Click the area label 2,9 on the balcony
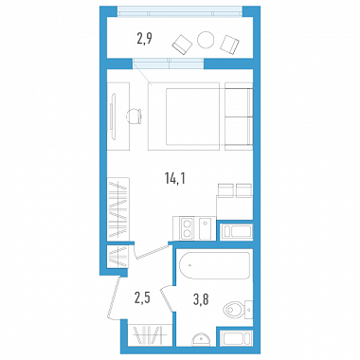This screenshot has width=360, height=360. coord(145,40)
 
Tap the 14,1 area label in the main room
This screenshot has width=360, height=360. coord(174,179)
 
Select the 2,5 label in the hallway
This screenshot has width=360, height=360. coord(142,297)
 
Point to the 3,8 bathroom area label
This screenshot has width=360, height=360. coord(201,299)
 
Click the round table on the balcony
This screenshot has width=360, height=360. coord(206,40)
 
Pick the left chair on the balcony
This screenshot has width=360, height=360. coord(182,45)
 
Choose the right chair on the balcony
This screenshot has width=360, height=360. coord(229,45)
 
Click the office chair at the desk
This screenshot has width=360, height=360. coord(135,117)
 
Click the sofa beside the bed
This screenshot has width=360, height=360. coord(239,117)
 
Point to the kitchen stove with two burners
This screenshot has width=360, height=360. coord(186,228)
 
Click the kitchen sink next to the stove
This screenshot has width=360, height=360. coord(206,228)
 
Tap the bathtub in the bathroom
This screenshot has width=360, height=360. coord(215,265)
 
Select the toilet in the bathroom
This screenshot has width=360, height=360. coord(238,309)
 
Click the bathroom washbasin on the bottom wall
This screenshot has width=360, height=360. coord(201,339)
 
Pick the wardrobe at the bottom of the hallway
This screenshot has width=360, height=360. coord(150,335)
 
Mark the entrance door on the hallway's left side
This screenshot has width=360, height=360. coord(115,298)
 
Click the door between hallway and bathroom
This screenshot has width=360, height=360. coord(168,299)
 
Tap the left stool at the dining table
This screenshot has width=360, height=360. coord(225,189)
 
